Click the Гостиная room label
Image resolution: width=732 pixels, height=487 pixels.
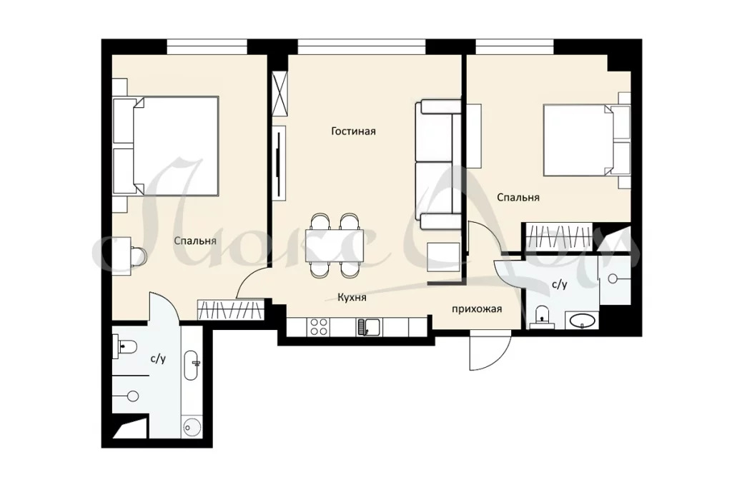(353, 131)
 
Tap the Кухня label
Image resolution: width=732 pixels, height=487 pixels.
(352, 297)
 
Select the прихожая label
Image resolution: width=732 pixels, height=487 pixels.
(477, 308)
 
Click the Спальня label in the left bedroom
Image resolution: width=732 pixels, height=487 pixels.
(195, 241)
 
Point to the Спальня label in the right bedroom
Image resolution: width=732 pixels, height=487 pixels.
(518, 197)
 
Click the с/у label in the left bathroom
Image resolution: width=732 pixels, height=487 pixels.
(158, 358)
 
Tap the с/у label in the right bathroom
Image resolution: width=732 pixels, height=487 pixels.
(559, 284)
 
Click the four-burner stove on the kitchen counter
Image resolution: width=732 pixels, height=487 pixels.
(318, 326)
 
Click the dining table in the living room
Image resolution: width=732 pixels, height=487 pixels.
(335, 246)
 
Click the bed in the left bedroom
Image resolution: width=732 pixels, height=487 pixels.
(166, 146)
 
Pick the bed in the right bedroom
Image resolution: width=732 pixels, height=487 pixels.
(587, 140)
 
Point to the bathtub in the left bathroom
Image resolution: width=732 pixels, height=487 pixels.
(192, 365)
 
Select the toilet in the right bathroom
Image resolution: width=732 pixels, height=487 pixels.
(541, 315)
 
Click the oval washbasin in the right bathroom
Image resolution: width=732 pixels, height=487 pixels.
(582, 321)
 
